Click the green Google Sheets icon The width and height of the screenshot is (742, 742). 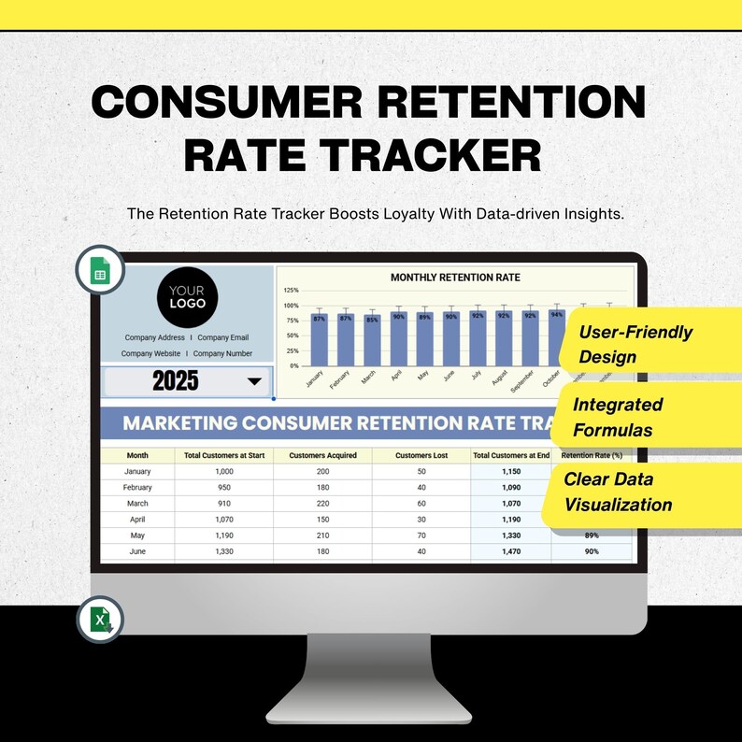coord(99,270)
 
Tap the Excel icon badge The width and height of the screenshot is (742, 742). coord(99,619)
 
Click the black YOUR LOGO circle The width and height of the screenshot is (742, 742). coord(187,297)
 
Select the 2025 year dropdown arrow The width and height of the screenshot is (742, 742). coord(253,381)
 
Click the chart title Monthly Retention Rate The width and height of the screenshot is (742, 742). coord(455,278)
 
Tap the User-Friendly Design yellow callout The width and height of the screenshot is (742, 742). coord(635,344)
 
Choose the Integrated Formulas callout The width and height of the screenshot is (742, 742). coord(618,418)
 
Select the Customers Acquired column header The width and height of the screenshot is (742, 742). coord(322,456)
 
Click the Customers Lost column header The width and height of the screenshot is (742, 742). coord(421,456)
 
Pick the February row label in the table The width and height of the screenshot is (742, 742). coord(137,488)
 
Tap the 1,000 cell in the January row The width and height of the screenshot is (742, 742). coord(223,472)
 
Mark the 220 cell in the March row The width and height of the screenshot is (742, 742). coord(322,504)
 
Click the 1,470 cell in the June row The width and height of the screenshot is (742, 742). coord(510,552)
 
